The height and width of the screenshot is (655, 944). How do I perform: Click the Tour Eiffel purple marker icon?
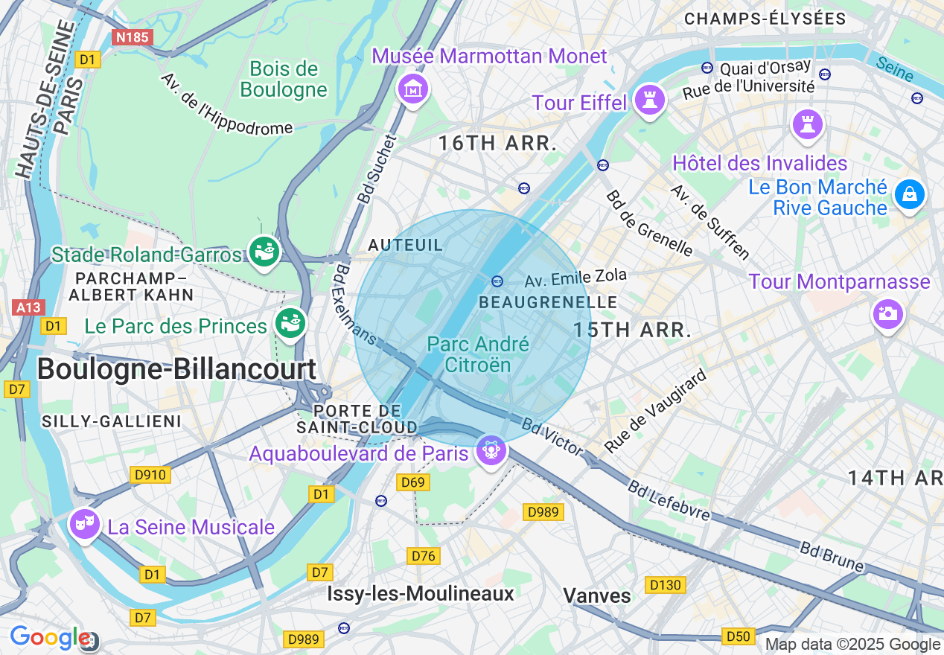click(x=649, y=100)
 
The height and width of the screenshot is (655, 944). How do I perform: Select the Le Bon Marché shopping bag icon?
click(x=909, y=194)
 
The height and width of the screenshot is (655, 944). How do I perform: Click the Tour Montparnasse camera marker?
click(x=887, y=313)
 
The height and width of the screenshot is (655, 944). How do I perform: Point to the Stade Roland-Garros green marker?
click(x=264, y=252)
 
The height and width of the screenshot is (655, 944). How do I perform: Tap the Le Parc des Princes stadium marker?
click(x=290, y=323)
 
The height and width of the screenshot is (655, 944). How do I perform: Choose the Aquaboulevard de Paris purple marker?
click(x=491, y=450)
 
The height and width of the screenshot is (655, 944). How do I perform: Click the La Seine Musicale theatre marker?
click(x=84, y=523)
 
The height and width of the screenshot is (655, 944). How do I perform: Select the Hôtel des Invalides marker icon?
click(x=808, y=124)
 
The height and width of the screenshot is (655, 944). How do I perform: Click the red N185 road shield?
click(x=133, y=36)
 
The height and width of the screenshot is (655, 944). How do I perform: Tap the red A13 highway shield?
click(x=29, y=307)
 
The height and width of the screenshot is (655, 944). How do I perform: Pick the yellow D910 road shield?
click(x=150, y=475)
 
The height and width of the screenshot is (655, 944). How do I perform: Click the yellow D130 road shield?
click(x=665, y=585)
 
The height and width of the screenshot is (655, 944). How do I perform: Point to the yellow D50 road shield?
click(x=739, y=636)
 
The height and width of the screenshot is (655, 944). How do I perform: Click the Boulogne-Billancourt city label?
click(x=176, y=369)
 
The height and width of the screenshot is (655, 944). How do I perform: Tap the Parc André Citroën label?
click(x=478, y=354)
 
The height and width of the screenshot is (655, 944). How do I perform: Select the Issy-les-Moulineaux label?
click(x=421, y=593)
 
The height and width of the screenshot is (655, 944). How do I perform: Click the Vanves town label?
click(x=597, y=595)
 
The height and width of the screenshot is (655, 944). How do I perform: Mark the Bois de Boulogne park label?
click(x=284, y=80)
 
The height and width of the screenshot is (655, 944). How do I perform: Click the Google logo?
click(x=49, y=638)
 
